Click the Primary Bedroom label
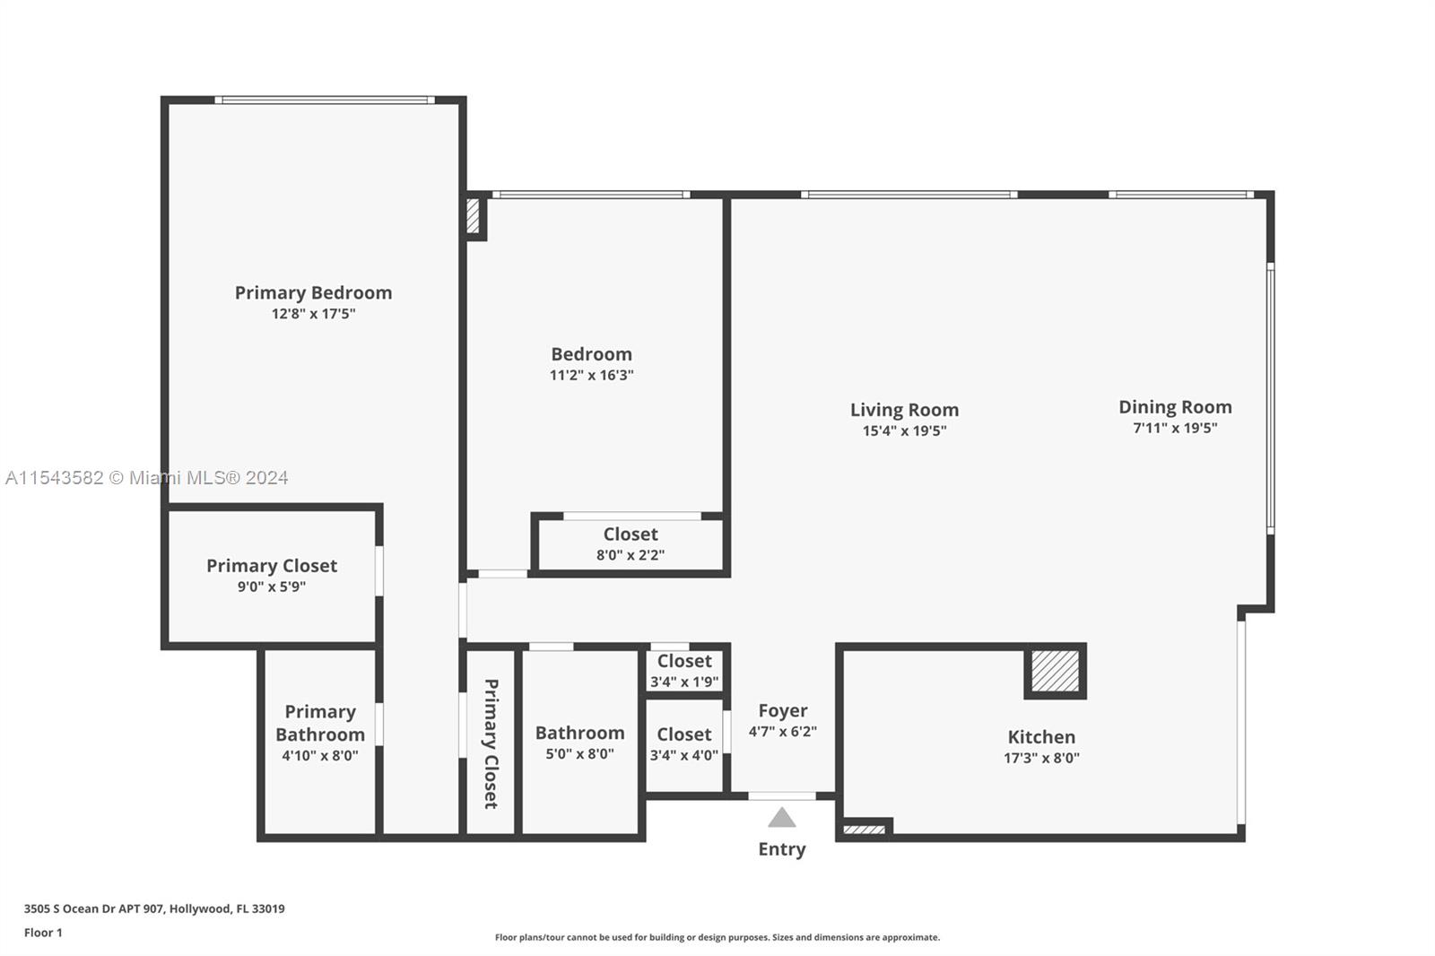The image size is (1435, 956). pos(313,292)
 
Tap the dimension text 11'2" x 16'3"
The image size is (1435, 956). pos(591,376)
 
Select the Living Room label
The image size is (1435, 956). pos(904,410)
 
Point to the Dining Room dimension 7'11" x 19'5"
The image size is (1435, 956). pos(1175,429)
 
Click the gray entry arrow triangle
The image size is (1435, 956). pos(782,818)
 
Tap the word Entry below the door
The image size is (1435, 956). pos(782,849)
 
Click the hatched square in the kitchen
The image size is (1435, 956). pos(1055,671)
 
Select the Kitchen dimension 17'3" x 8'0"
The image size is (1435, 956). pos(1041,758)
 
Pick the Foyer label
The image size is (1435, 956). pos(782,710)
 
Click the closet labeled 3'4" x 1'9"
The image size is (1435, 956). pos(684,671)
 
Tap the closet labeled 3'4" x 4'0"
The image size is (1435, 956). pos(684,744)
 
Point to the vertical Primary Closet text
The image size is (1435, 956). pos(491,743)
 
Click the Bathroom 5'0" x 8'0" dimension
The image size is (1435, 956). pos(579,754)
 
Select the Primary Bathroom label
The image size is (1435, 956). pos(320,723)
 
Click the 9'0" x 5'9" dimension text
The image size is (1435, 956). pos(271,587)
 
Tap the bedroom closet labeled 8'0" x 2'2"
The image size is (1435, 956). pos(631,544)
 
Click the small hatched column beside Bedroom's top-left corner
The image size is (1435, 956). pos(474,216)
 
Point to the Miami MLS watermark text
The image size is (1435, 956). pos(147,478)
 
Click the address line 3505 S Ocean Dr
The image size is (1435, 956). pos(154,908)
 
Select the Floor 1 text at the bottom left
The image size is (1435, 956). pos(43,933)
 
